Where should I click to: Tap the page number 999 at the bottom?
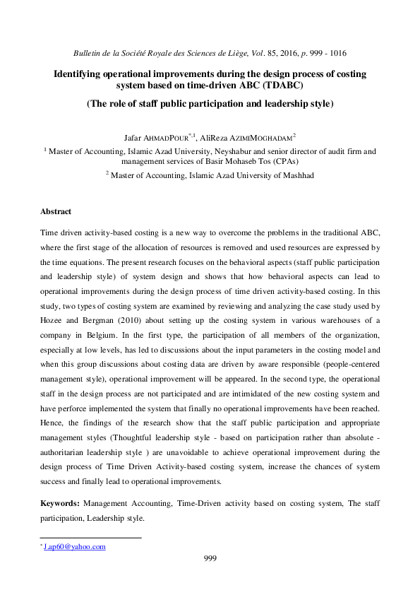(x=209, y=558)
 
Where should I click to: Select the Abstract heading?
(x=56, y=211)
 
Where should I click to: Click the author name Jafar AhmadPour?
(x=152, y=136)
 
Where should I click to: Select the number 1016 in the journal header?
(x=335, y=53)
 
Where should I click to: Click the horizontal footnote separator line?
(x=90, y=538)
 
